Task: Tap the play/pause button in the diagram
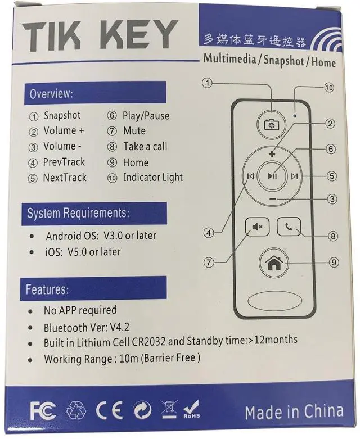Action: (272, 176)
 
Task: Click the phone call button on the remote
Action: (289, 227)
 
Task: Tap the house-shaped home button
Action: (274, 261)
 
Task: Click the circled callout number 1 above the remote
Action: (208, 83)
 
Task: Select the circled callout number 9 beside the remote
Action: (334, 261)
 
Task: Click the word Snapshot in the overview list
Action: (62, 116)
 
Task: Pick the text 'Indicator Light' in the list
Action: (153, 178)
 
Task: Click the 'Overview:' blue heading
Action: (51, 93)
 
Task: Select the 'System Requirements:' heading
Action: (78, 213)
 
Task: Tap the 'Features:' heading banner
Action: (47, 290)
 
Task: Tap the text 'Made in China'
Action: (294, 411)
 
